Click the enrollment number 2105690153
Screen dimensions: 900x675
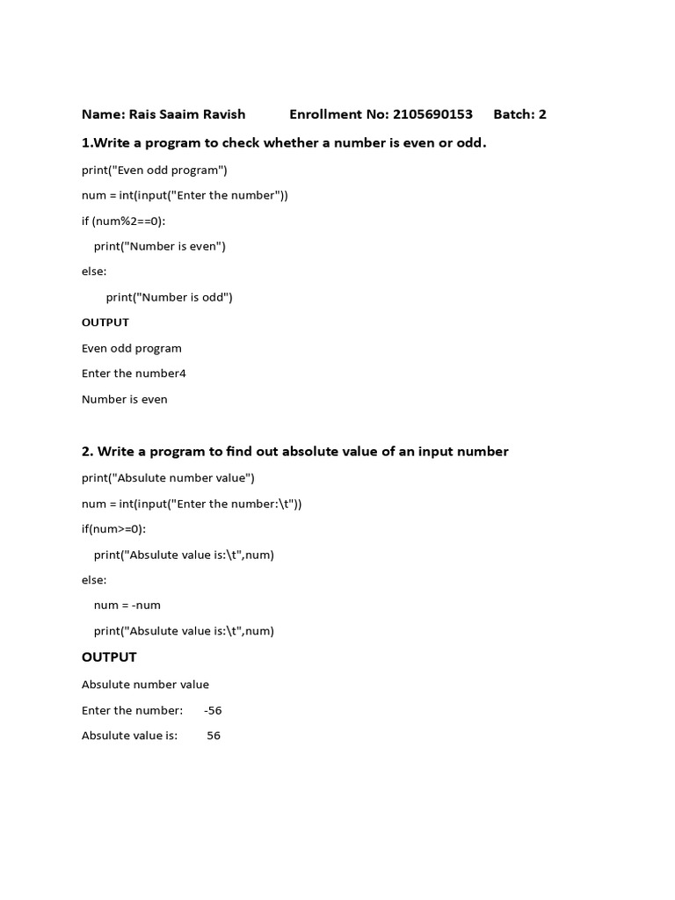pos(433,114)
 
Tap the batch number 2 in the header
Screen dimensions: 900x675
pos(542,114)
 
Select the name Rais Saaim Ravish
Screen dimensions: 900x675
pos(188,114)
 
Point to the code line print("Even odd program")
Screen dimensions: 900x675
pos(155,170)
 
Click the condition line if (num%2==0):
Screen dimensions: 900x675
pos(123,221)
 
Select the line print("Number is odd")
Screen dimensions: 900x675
pos(170,297)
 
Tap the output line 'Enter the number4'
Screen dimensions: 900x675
pos(134,374)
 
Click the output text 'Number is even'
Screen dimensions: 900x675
pos(125,399)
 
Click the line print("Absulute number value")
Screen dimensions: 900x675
pos(168,478)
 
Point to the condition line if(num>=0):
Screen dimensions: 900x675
pos(114,529)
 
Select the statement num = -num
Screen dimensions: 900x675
pos(127,605)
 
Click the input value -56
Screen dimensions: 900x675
pos(213,710)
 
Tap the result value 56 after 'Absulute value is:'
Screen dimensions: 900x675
pos(214,736)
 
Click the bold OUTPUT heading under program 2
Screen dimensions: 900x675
pos(109,657)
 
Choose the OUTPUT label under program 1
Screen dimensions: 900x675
pos(105,323)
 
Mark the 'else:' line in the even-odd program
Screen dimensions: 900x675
pos(94,272)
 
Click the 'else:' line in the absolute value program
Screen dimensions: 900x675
pos(94,580)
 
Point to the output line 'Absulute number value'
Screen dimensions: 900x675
pos(145,685)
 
